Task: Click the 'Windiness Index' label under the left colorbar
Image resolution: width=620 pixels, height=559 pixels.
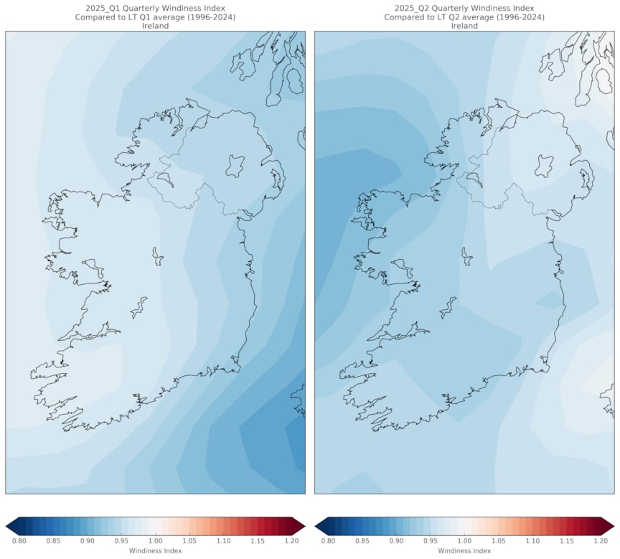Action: click(x=155, y=551)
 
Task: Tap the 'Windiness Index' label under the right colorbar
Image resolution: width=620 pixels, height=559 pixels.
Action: click(x=464, y=551)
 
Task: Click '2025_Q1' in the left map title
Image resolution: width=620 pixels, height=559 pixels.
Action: click(x=95, y=9)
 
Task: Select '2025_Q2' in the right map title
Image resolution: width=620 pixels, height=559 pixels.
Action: click(x=404, y=9)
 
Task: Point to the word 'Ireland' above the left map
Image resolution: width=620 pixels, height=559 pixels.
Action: click(x=155, y=26)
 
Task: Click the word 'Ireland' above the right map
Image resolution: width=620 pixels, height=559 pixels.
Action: click(x=464, y=26)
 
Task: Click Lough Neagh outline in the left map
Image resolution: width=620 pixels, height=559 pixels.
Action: click(x=235, y=166)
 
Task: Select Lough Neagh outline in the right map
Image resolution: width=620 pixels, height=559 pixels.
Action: click(x=544, y=166)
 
